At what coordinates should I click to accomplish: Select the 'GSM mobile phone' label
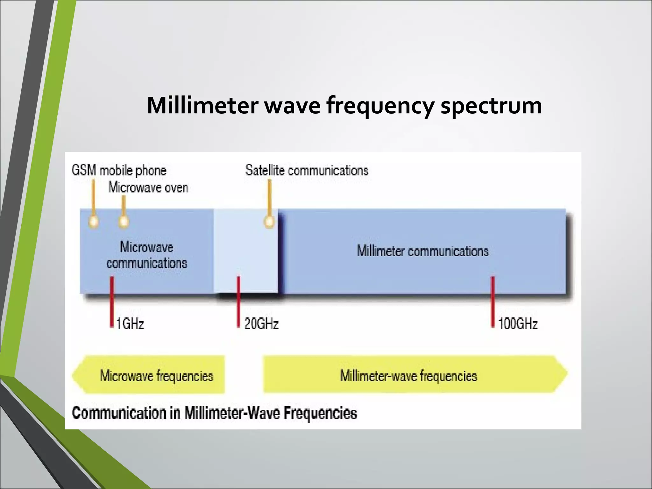(x=119, y=171)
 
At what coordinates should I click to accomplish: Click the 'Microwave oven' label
(x=148, y=187)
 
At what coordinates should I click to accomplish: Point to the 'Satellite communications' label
(x=307, y=170)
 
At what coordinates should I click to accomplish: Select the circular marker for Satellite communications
(x=269, y=221)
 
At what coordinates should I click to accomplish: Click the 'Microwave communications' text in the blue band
(x=146, y=255)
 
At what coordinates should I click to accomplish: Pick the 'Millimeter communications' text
(x=423, y=251)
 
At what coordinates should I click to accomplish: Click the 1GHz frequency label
(x=130, y=324)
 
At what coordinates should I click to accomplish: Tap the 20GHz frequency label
(x=261, y=324)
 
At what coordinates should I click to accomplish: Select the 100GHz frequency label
(x=518, y=324)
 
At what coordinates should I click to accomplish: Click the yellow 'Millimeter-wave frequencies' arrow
(x=414, y=375)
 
